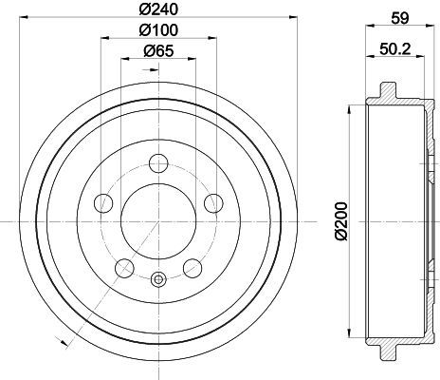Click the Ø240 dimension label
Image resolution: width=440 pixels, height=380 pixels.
click(158, 9)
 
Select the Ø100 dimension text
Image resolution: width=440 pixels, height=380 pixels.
click(158, 30)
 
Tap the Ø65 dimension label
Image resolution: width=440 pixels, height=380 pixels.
click(158, 50)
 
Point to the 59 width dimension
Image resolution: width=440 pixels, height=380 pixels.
click(400, 18)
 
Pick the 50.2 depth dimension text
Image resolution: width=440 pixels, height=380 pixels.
click(395, 49)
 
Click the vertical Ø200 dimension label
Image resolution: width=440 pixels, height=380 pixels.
click(341, 220)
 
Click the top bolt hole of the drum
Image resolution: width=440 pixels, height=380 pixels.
click(158, 163)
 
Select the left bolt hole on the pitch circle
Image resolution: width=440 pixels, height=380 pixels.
click(103, 203)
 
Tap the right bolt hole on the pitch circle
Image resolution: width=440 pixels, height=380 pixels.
click(213, 203)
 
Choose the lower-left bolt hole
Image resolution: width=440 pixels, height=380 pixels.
click(124, 268)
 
